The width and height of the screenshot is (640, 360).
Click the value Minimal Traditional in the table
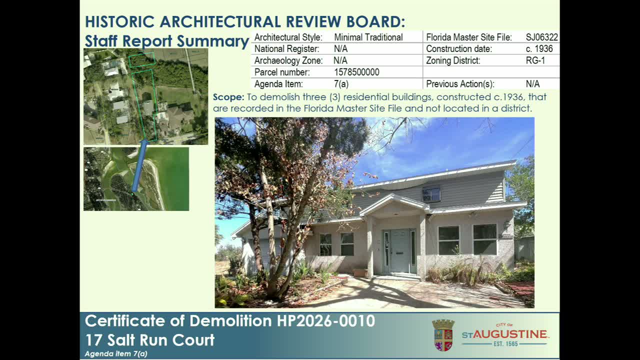[x=368, y=37]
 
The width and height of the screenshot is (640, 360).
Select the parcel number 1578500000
[x=356, y=72]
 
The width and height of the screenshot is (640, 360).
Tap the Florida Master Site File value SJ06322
[x=541, y=37]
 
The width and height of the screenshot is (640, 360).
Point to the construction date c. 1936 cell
[x=539, y=49]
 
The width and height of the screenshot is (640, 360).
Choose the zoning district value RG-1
[x=535, y=60]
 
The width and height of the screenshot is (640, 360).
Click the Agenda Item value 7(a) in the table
[x=341, y=84]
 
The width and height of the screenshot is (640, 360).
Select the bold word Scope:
[x=228, y=97]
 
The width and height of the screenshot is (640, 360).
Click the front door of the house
[x=399, y=251]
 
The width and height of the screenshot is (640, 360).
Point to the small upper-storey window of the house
[x=431, y=194]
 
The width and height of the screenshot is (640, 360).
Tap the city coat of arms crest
[x=443, y=335]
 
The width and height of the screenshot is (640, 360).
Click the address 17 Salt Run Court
[x=149, y=340]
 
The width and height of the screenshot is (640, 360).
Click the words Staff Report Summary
[x=166, y=41]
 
